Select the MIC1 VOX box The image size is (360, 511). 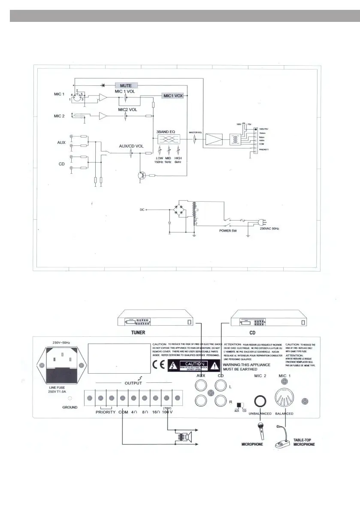click(x=172, y=96)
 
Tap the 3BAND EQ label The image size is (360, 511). click(x=165, y=133)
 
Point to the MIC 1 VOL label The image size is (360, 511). click(x=126, y=91)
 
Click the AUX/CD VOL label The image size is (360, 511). click(x=131, y=146)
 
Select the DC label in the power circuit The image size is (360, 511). click(x=142, y=210)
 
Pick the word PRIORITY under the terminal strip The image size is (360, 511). click(x=105, y=412)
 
